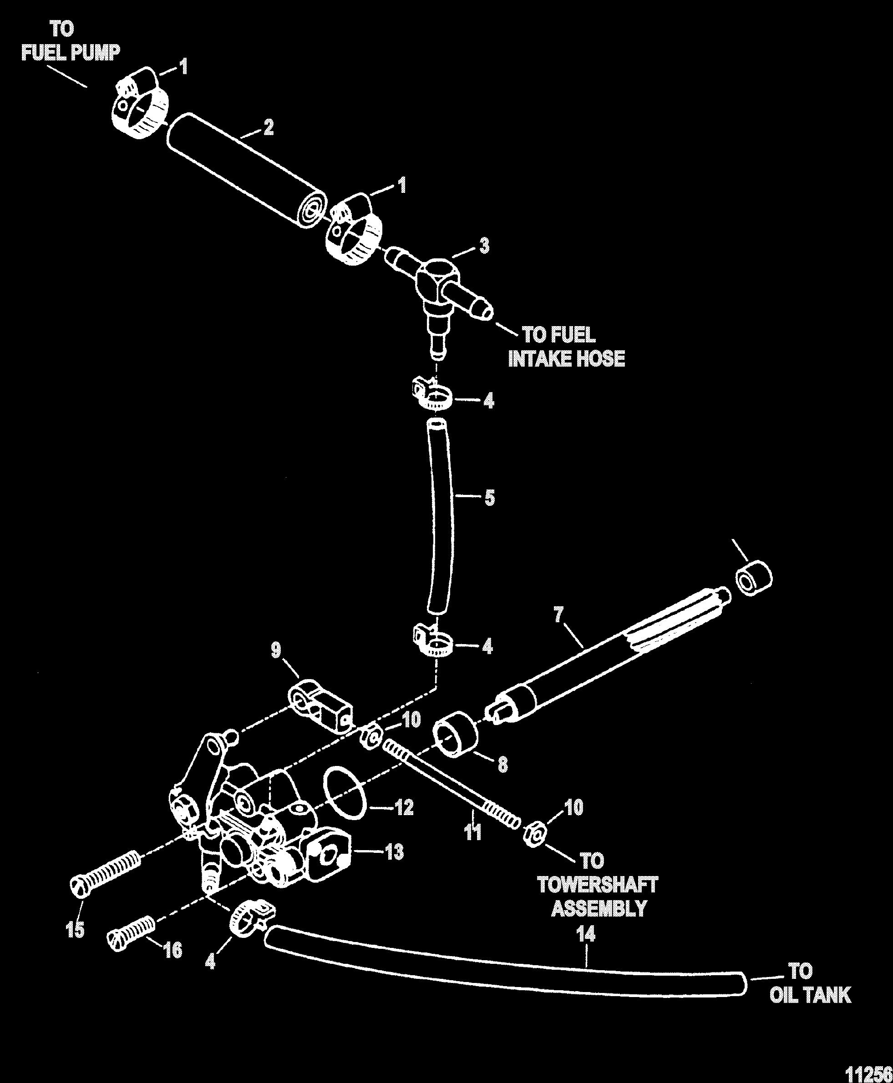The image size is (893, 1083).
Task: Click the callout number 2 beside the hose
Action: point(269,127)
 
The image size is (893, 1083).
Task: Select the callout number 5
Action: point(489,498)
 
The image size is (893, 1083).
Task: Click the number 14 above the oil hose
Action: point(585,933)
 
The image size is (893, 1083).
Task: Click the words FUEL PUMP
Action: point(71,52)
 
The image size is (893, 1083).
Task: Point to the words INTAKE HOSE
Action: point(566,358)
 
